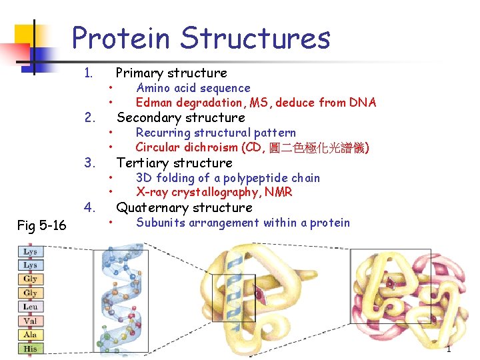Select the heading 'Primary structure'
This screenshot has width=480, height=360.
point(171,73)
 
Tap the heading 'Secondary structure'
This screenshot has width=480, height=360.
point(181,118)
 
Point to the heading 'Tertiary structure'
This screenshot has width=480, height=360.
point(174,163)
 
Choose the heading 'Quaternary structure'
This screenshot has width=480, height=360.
point(185,207)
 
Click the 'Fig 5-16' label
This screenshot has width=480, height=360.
point(42,225)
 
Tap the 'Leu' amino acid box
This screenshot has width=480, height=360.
point(30,307)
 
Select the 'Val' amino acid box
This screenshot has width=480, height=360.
point(30,321)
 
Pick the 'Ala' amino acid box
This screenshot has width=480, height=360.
point(30,335)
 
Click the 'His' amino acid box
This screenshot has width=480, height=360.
point(30,349)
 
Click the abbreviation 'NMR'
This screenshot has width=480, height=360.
point(279,193)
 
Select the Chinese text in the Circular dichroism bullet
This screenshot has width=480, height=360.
point(318,147)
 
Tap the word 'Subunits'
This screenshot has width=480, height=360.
point(159,223)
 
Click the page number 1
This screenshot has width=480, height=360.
point(449,349)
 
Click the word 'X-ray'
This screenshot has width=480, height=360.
point(151,193)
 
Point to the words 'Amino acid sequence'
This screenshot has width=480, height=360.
point(193,88)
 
